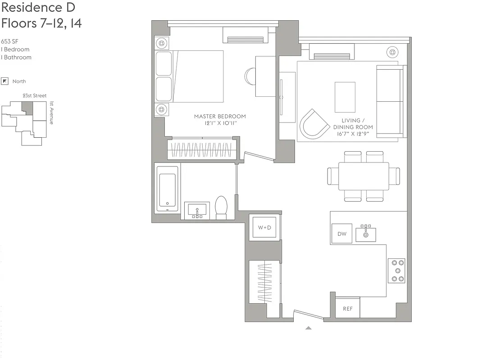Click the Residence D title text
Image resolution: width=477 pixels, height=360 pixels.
(x=38, y=8)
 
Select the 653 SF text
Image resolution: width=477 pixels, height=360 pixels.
(x=9, y=41)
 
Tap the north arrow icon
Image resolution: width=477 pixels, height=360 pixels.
(x=5, y=81)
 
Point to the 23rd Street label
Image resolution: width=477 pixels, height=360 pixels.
(x=35, y=96)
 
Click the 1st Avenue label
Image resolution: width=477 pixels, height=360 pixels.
(x=51, y=112)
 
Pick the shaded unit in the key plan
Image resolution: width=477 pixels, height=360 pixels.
(x=27, y=108)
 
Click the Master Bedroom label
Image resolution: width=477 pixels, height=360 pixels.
(x=220, y=119)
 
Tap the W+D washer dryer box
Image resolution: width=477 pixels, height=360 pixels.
(x=264, y=228)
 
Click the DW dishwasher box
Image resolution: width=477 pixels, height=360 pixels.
(x=342, y=234)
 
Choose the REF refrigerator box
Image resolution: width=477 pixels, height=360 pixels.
(x=348, y=308)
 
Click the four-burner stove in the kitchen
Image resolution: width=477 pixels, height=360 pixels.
(x=396, y=270)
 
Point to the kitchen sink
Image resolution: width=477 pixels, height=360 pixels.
(x=366, y=234)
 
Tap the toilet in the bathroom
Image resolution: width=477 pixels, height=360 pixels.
(x=221, y=207)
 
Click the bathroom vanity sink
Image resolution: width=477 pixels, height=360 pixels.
(x=197, y=210)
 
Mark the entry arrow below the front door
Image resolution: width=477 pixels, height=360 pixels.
(x=309, y=328)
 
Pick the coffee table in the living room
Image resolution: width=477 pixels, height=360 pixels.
(x=345, y=97)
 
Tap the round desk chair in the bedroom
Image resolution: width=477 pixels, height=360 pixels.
(x=250, y=76)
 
